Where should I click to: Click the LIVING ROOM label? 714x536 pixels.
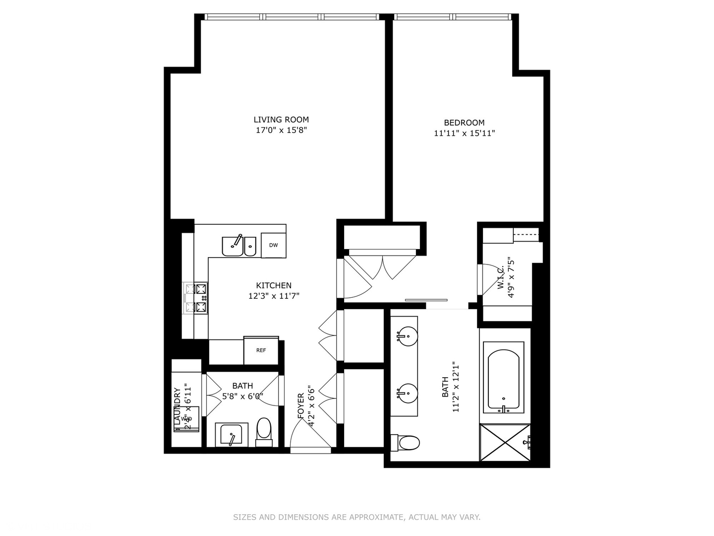(281, 120)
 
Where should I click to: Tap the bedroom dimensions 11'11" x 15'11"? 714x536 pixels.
(464, 133)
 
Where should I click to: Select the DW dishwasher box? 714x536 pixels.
(273, 245)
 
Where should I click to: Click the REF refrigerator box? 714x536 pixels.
(261, 350)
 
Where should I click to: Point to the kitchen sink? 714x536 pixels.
(238, 246)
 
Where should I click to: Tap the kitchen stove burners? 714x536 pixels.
(196, 298)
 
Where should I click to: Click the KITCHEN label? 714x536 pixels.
(274, 285)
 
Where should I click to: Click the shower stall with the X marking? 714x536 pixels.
(504, 443)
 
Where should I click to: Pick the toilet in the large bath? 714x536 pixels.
(407, 442)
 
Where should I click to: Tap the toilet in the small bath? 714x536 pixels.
(264, 430)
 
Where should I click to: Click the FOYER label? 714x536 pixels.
(300, 406)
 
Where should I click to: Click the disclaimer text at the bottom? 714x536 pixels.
(357, 517)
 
